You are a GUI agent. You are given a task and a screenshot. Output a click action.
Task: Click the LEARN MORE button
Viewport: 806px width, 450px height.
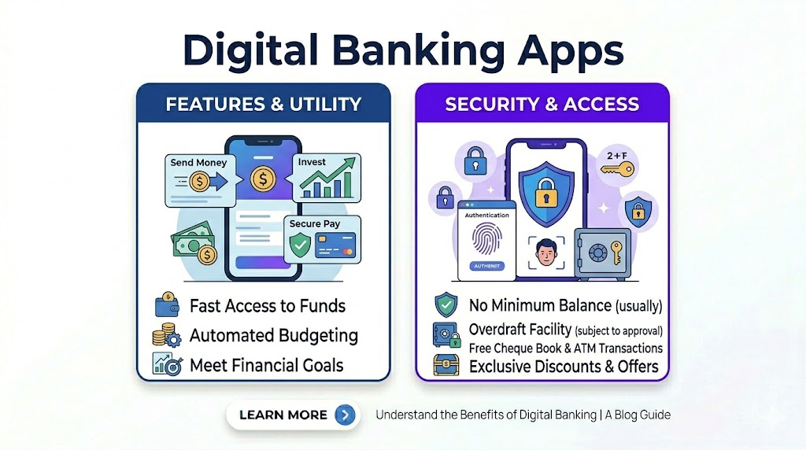(x=293, y=415)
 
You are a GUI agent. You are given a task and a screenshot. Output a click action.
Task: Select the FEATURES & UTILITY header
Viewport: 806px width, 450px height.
(x=264, y=105)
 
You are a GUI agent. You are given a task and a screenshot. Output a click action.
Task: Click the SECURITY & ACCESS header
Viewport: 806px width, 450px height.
(x=542, y=105)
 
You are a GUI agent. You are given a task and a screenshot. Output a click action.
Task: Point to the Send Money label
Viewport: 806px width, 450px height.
(x=198, y=162)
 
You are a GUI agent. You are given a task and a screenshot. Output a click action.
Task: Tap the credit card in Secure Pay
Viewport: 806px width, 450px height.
(x=335, y=245)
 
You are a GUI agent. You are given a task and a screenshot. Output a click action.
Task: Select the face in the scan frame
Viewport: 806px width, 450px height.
(x=546, y=252)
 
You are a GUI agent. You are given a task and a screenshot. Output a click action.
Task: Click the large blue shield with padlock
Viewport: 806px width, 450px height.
(x=546, y=194)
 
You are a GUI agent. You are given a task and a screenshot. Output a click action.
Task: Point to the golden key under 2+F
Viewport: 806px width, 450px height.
(x=617, y=168)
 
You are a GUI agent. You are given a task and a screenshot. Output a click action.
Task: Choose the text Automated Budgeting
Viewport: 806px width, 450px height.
(x=273, y=335)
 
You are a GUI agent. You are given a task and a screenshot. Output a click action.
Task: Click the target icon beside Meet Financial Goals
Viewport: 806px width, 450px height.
(x=168, y=364)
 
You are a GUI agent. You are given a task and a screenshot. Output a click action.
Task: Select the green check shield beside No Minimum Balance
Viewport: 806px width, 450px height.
(x=446, y=304)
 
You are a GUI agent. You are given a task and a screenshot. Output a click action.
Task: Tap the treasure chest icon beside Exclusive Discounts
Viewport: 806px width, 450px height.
(x=446, y=365)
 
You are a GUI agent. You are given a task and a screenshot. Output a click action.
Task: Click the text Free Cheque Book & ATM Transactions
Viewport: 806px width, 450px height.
(x=565, y=349)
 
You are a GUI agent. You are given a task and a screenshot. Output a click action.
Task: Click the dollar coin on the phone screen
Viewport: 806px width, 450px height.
(x=263, y=179)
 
